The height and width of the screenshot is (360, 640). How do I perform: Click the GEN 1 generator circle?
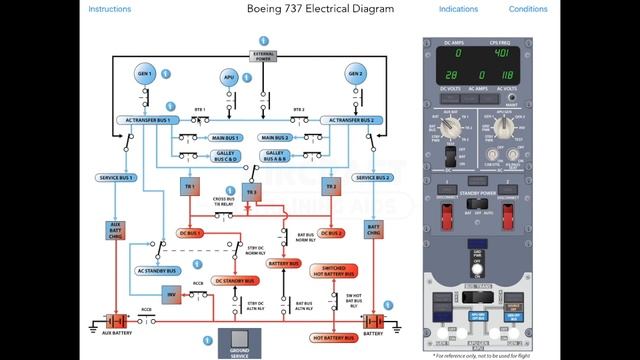point(145,74)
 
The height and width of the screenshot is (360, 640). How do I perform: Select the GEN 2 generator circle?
point(354,74)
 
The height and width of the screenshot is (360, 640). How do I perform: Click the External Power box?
point(263,55)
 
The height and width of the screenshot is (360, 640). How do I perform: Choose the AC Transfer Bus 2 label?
point(350,120)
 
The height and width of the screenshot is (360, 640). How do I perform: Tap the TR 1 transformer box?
point(186,187)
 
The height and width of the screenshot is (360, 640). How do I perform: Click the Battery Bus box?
point(284,264)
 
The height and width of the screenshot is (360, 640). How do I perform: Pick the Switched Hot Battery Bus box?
point(332,269)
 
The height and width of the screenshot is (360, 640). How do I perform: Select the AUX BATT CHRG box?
point(115,232)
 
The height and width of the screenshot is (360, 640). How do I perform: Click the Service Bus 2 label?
point(373,177)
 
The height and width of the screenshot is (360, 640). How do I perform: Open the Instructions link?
point(109,9)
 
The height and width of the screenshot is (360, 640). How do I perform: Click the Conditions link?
point(528,9)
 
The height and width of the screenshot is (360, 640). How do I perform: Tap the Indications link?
point(458,9)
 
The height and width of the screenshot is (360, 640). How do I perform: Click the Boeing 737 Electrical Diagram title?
point(319,9)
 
